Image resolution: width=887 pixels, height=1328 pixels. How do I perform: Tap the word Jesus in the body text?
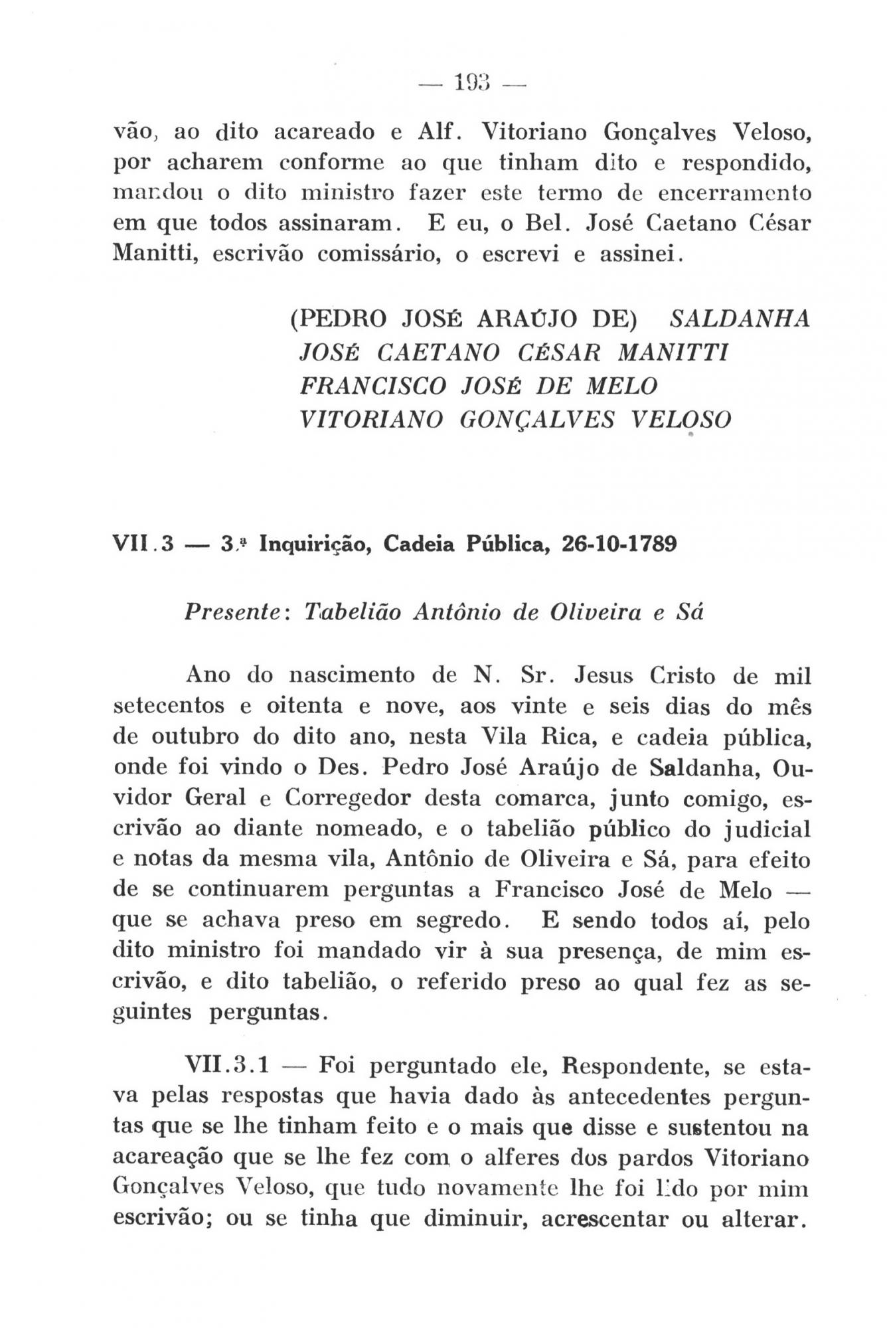point(602,676)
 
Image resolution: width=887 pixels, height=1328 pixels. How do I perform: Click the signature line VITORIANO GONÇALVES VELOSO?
point(515,419)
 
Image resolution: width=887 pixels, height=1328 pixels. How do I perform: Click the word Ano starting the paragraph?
point(208,676)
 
